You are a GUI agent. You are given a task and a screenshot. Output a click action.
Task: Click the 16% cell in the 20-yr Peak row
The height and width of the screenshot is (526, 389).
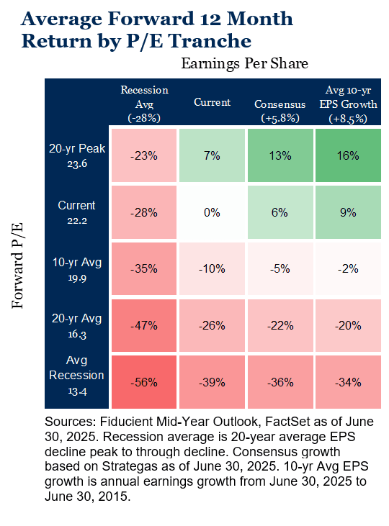click(348, 155)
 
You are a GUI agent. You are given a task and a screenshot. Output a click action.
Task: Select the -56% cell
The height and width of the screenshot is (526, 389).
click(144, 382)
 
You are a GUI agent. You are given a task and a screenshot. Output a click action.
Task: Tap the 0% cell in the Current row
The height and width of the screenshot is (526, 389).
click(212, 212)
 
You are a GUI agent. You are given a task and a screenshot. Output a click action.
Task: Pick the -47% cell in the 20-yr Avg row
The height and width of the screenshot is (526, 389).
click(144, 325)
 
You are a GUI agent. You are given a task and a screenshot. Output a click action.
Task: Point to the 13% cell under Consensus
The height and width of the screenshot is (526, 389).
click(280, 155)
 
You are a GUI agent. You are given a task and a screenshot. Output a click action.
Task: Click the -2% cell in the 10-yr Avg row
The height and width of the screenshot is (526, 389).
click(348, 268)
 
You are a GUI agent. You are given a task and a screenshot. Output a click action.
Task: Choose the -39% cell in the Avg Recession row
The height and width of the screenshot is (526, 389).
click(212, 382)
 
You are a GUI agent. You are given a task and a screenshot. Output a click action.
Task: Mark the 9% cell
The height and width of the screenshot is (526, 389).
click(348, 212)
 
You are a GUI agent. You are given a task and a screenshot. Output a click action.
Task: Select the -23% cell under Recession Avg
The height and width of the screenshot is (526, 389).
click(144, 155)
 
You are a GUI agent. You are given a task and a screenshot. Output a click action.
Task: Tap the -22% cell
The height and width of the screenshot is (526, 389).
click(280, 325)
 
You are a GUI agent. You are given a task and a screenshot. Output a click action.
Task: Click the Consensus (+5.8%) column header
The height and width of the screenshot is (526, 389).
click(280, 111)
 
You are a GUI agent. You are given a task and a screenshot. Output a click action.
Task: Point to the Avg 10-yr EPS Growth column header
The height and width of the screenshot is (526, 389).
click(349, 104)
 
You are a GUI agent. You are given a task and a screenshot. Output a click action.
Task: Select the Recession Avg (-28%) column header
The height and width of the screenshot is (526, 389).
click(145, 104)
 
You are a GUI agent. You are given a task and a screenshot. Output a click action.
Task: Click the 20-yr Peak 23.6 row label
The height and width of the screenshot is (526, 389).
click(77, 155)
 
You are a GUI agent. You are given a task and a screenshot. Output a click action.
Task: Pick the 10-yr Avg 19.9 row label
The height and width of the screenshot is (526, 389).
click(77, 269)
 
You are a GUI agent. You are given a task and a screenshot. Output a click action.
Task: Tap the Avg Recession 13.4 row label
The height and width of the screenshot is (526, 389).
click(76, 376)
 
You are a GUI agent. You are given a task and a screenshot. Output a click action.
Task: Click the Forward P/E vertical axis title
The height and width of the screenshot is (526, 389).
click(17, 265)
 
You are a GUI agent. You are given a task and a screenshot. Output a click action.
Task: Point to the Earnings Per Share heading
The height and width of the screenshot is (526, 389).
click(244, 63)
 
